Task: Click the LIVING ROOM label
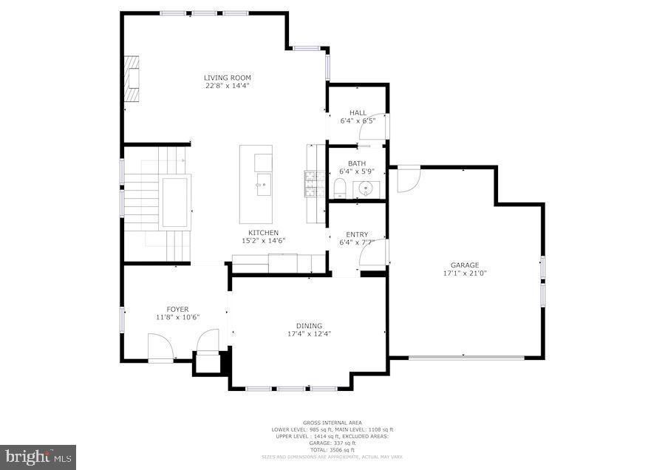click(228, 78)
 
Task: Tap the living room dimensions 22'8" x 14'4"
click(228, 86)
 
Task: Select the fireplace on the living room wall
click(132, 79)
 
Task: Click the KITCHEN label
click(263, 233)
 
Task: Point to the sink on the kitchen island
click(262, 185)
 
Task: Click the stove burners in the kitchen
click(310, 184)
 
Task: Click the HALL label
click(358, 113)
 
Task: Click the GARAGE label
click(465, 265)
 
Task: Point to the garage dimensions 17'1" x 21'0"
click(465, 273)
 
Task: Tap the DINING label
click(309, 326)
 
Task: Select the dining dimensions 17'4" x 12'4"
click(309, 334)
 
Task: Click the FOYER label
click(177, 310)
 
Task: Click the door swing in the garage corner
click(407, 179)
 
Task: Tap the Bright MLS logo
click(38, 457)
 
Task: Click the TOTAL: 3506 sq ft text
click(331, 450)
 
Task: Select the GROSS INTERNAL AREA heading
click(331, 423)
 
